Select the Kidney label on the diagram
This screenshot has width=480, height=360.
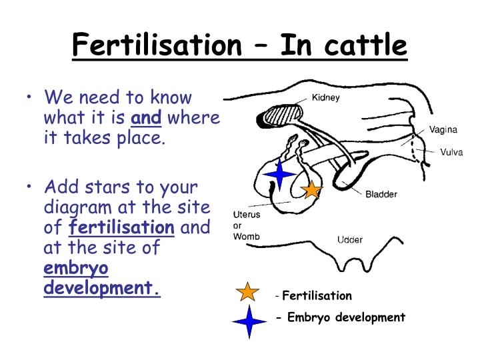coord(326,98)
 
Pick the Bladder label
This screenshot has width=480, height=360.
coord(381,195)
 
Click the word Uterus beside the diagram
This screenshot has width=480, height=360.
coord(246,215)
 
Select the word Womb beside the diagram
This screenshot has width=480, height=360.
coord(246,237)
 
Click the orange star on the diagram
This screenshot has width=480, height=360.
coord(311,190)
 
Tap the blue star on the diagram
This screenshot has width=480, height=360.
coord(280,173)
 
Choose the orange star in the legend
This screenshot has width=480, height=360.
coord(247,292)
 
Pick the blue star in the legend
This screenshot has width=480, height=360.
coord(249,321)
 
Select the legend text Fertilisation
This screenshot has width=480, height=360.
coord(317,295)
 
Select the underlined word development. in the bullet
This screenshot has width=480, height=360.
coord(102,289)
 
